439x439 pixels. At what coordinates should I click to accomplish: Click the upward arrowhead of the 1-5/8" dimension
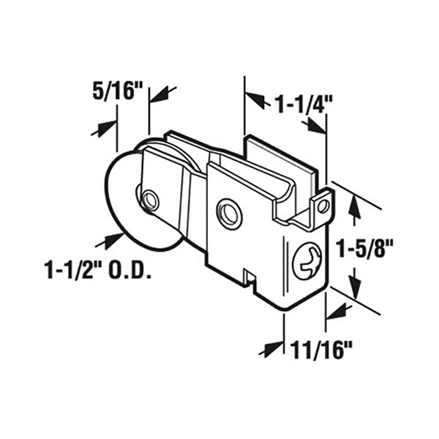(x=355, y=206)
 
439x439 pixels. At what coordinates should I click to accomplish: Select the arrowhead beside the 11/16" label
(x=274, y=348)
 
